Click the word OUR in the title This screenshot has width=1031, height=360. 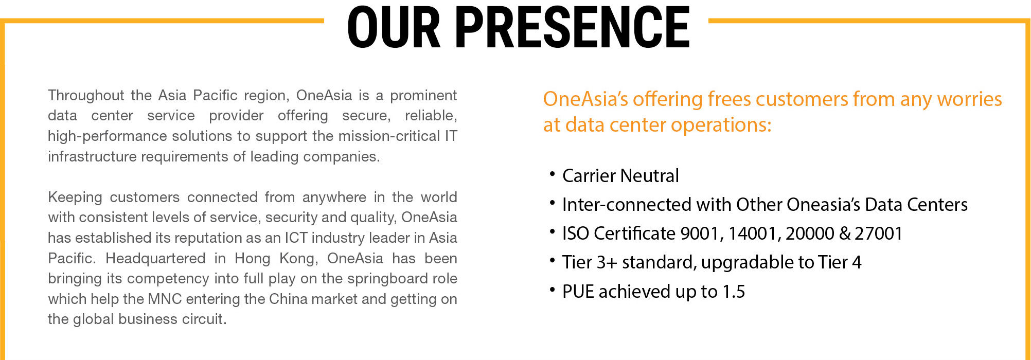coord(394,28)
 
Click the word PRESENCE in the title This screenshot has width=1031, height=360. coord(573,28)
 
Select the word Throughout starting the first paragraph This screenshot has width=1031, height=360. coord(86,96)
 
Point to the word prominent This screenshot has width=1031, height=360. coord(423,96)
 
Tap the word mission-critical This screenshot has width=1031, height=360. coord(389,136)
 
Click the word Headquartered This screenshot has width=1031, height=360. coord(155,258)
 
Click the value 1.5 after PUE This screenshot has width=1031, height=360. coord(734,292)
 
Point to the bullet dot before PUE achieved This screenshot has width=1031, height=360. coord(552,290)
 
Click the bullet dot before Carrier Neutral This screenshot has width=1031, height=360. coord(552,174)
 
